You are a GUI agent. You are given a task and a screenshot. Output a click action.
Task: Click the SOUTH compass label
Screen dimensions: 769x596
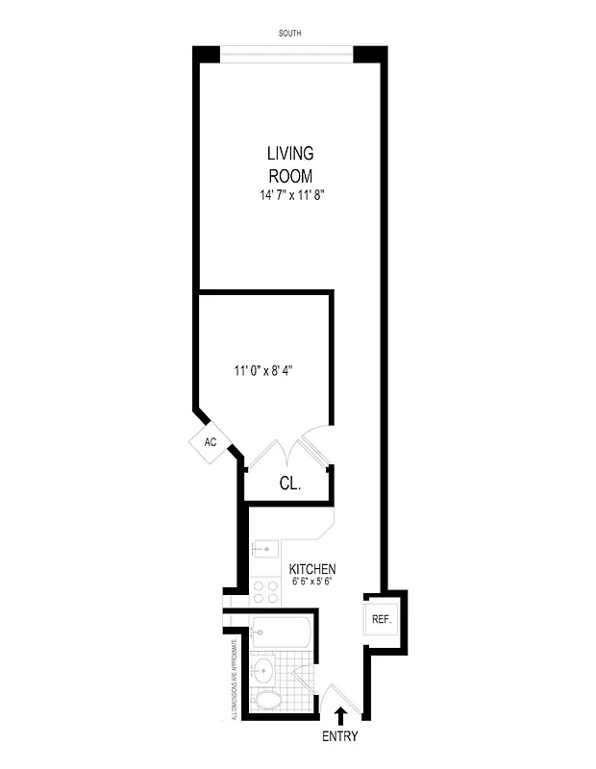coord(289,34)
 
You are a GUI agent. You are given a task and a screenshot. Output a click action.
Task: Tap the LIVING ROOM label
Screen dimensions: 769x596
coord(290,164)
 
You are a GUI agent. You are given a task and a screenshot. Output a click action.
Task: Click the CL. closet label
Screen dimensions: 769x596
coord(289,484)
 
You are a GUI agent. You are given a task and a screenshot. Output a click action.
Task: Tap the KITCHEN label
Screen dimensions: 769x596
coord(312,569)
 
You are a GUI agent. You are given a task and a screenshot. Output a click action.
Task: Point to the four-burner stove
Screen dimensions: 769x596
coord(264,591)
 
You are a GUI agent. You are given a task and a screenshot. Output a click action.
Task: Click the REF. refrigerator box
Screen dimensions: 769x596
coord(381,620)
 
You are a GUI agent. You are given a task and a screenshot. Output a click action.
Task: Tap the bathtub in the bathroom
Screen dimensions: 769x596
coord(280,633)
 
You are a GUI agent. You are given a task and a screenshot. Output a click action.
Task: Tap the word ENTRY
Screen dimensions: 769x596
coord(340,737)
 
